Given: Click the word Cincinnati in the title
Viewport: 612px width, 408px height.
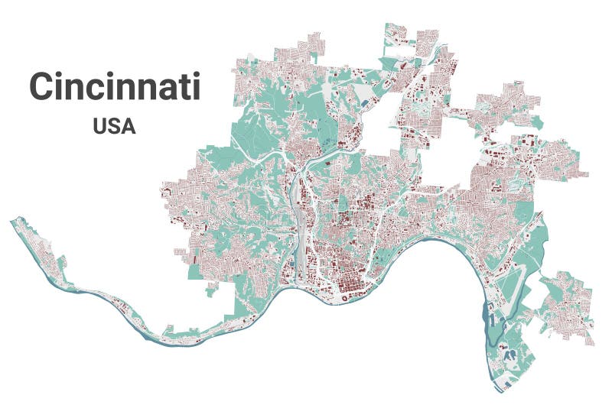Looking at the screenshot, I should click(x=115, y=86).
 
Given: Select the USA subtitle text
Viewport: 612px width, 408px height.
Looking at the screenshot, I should click(x=114, y=126).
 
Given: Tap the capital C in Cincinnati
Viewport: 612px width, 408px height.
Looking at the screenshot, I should click(x=44, y=87).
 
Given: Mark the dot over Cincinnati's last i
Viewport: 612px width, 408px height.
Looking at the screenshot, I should click(x=196, y=74).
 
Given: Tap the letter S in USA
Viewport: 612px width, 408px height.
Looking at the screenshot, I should click(x=114, y=126).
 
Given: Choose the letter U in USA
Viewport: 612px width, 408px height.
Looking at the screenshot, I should click(x=100, y=126).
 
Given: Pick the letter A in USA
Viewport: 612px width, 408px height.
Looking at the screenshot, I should click(x=128, y=126).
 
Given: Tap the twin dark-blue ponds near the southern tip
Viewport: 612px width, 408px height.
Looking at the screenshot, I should click(x=507, y=354).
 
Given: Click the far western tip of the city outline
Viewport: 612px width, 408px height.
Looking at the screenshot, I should click(x=11, y=221).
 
